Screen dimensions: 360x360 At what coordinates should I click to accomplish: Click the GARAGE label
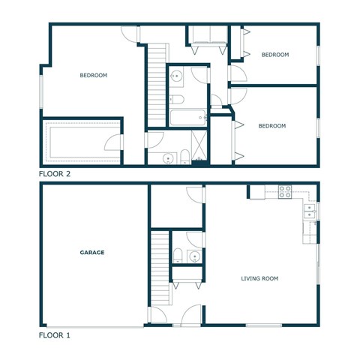[92, 253]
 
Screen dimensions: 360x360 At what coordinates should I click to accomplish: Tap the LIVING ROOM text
[259, 279]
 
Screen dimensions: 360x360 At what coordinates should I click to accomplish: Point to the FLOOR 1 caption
[55, 335]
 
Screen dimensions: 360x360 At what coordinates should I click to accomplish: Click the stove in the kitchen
[285, 192]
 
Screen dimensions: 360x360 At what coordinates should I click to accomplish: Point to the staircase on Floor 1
[160, 266]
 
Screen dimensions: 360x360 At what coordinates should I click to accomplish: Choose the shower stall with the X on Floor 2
[199, 147]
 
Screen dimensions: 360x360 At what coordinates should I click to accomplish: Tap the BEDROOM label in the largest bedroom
[94, 75]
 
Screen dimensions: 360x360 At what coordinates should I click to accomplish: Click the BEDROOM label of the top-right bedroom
[274, 55]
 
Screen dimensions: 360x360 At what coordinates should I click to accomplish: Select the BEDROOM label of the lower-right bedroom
[271, 126]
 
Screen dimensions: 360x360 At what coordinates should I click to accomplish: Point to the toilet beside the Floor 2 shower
[184, 156]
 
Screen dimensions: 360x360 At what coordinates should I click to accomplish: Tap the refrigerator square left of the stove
[257, 193]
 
